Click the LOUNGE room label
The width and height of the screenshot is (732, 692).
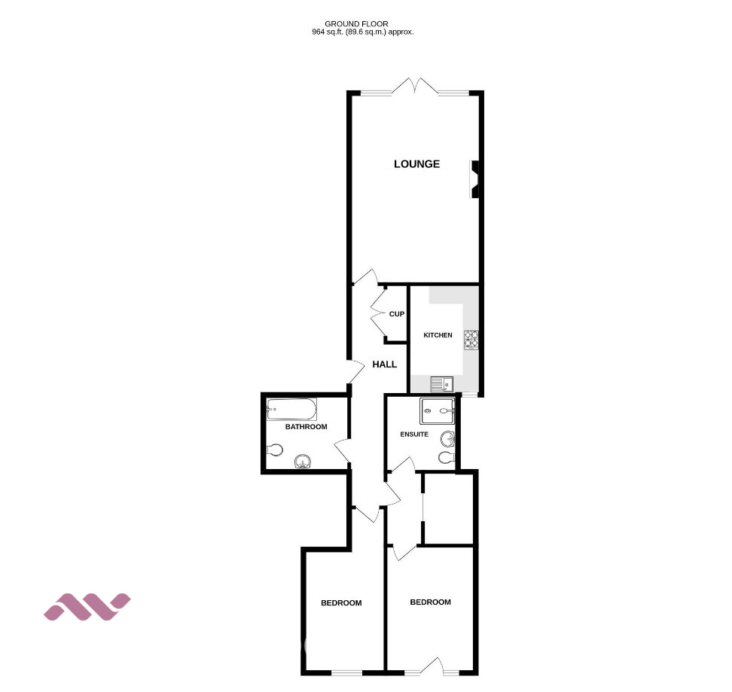point(416,164)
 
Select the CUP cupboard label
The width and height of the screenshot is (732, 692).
point(397,314)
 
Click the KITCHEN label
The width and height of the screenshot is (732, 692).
point(438,335)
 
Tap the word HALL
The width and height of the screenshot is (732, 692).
point(385,364)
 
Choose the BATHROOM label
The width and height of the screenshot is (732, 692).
point(306,427)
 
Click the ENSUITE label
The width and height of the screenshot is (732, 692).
point(414,434)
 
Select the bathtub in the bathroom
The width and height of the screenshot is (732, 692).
point(291,410)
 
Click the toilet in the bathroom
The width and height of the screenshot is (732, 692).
point(275,450)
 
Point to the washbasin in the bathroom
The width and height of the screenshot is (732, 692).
point(303,462)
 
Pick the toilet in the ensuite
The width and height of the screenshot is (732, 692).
point(447,457)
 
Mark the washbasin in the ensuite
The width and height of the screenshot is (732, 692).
point(450,438)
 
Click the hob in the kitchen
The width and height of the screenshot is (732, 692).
point(472,340)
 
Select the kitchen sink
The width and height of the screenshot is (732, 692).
point(441,385)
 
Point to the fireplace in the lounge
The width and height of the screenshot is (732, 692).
point(475,179)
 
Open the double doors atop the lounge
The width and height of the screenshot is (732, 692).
point(415,88)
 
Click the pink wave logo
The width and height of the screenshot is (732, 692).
point(87,606)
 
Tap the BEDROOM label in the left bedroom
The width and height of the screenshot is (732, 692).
point(341,603)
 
